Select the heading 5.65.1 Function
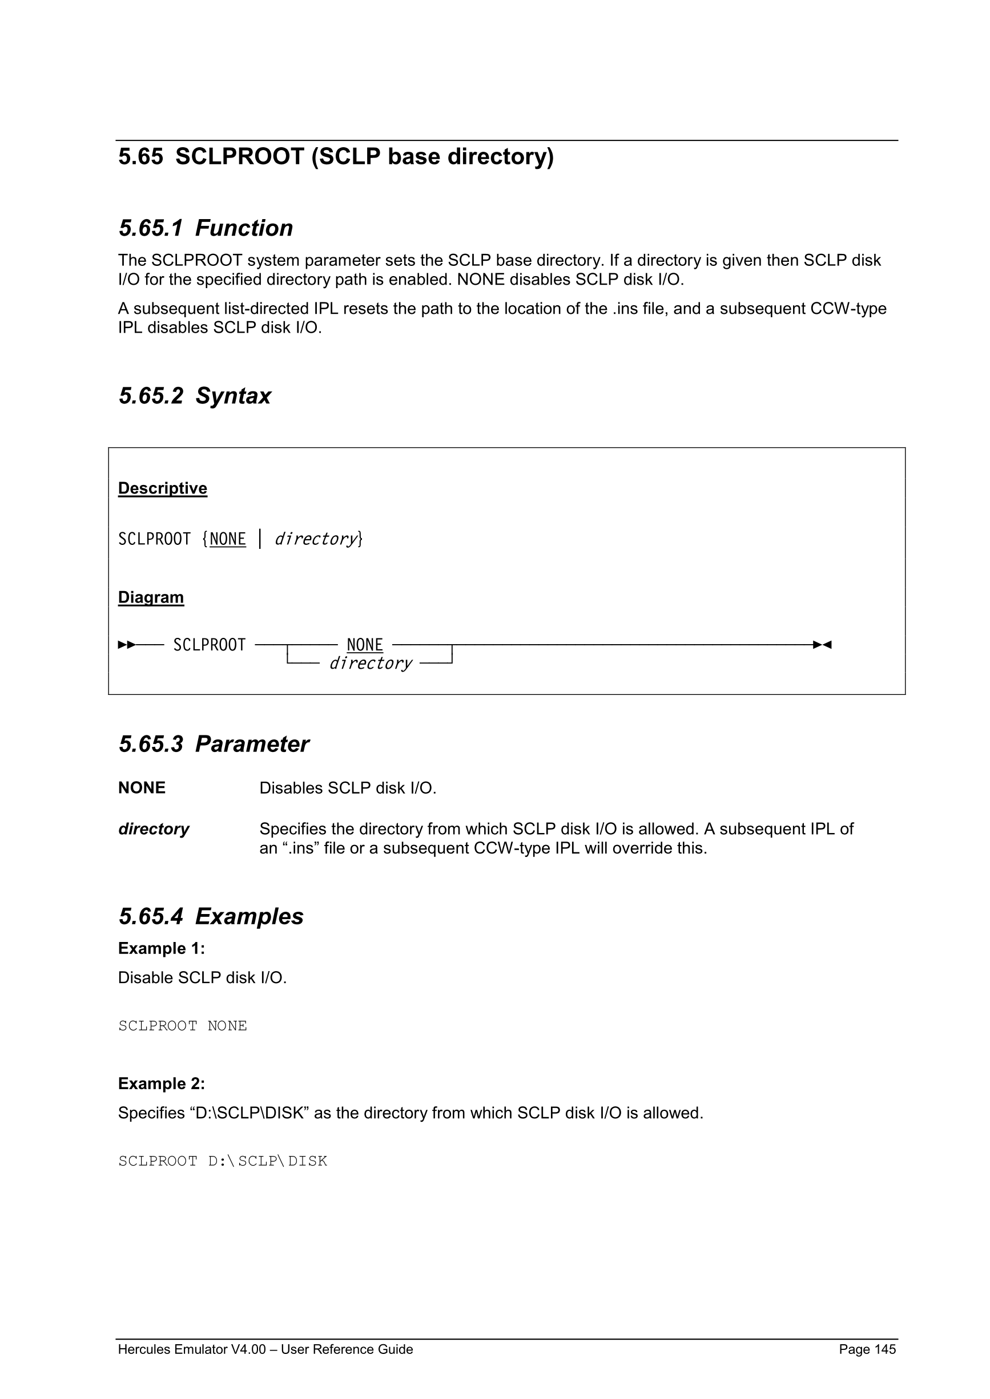pyautogui.click(x=206, y=228)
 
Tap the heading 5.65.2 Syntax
pyautogui.click(x=195, y=396)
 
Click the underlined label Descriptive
pyautogui.click(x=162, y=488)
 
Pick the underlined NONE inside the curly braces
pyautogui.click(x=227, y=539)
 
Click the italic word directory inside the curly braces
pyautogui.click(x=315, y=539)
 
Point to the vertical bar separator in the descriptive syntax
pyautogui.click(x=260, y=539)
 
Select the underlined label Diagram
pyautogui.click(x=151, y=597)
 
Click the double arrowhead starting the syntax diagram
pyautogui.click(x=127, y=645)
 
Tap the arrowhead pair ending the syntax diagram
pyautogui.click(x=822, y=645)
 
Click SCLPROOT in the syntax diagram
pyautogui.click(x=209, y=645)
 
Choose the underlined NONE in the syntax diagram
pyautogui.click(x=365, y=645)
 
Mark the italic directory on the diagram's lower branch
pyautogui.click(x=371, y=663)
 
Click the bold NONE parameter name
pyautogui.click(x=142, y=788)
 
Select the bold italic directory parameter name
pyautogui.click(x=154, y=829)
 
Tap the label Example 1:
pyautogui.click(x=162, y=949)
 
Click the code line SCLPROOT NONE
pyautogui.click(x=182, y=1026)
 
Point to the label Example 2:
pyautogui.click(x=162, y=1084)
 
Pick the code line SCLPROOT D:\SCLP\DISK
pyautogui.click(x=223, y=1162)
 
